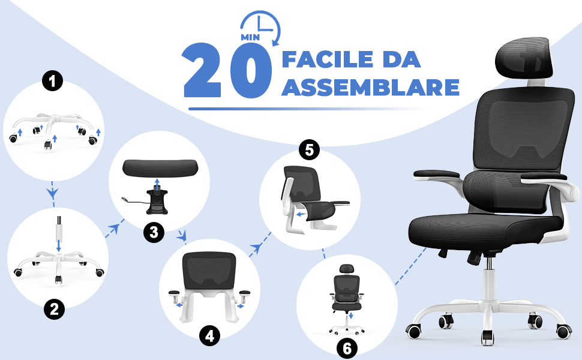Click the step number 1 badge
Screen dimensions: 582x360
[52, 80]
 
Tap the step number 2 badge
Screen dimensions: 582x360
[54, 309]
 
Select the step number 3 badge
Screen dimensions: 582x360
[154, 232]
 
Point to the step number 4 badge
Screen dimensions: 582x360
[210, 336]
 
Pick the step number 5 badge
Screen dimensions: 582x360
[309, 150]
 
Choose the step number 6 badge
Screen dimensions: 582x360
[347, 348]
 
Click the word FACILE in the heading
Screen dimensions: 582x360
[328, 60]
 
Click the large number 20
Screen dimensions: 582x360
[227, 71]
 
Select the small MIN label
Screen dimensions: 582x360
[250, 37]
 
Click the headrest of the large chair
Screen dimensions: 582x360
[523, 58]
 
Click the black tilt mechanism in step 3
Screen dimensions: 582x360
[157, 202]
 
